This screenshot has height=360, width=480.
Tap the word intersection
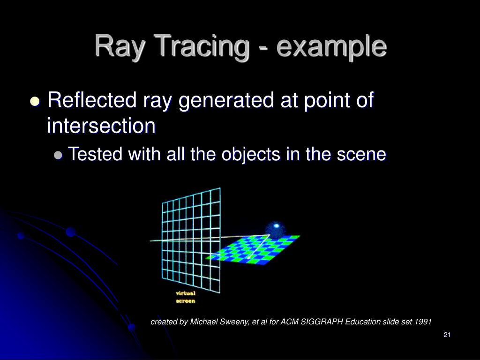(101, 127)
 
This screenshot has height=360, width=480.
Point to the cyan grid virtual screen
(191, 239)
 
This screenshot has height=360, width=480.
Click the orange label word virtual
(186, 293)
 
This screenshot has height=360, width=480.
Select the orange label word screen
(185, 301)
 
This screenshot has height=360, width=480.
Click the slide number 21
(446, 335)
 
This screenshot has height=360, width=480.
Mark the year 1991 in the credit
(423, 322)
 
